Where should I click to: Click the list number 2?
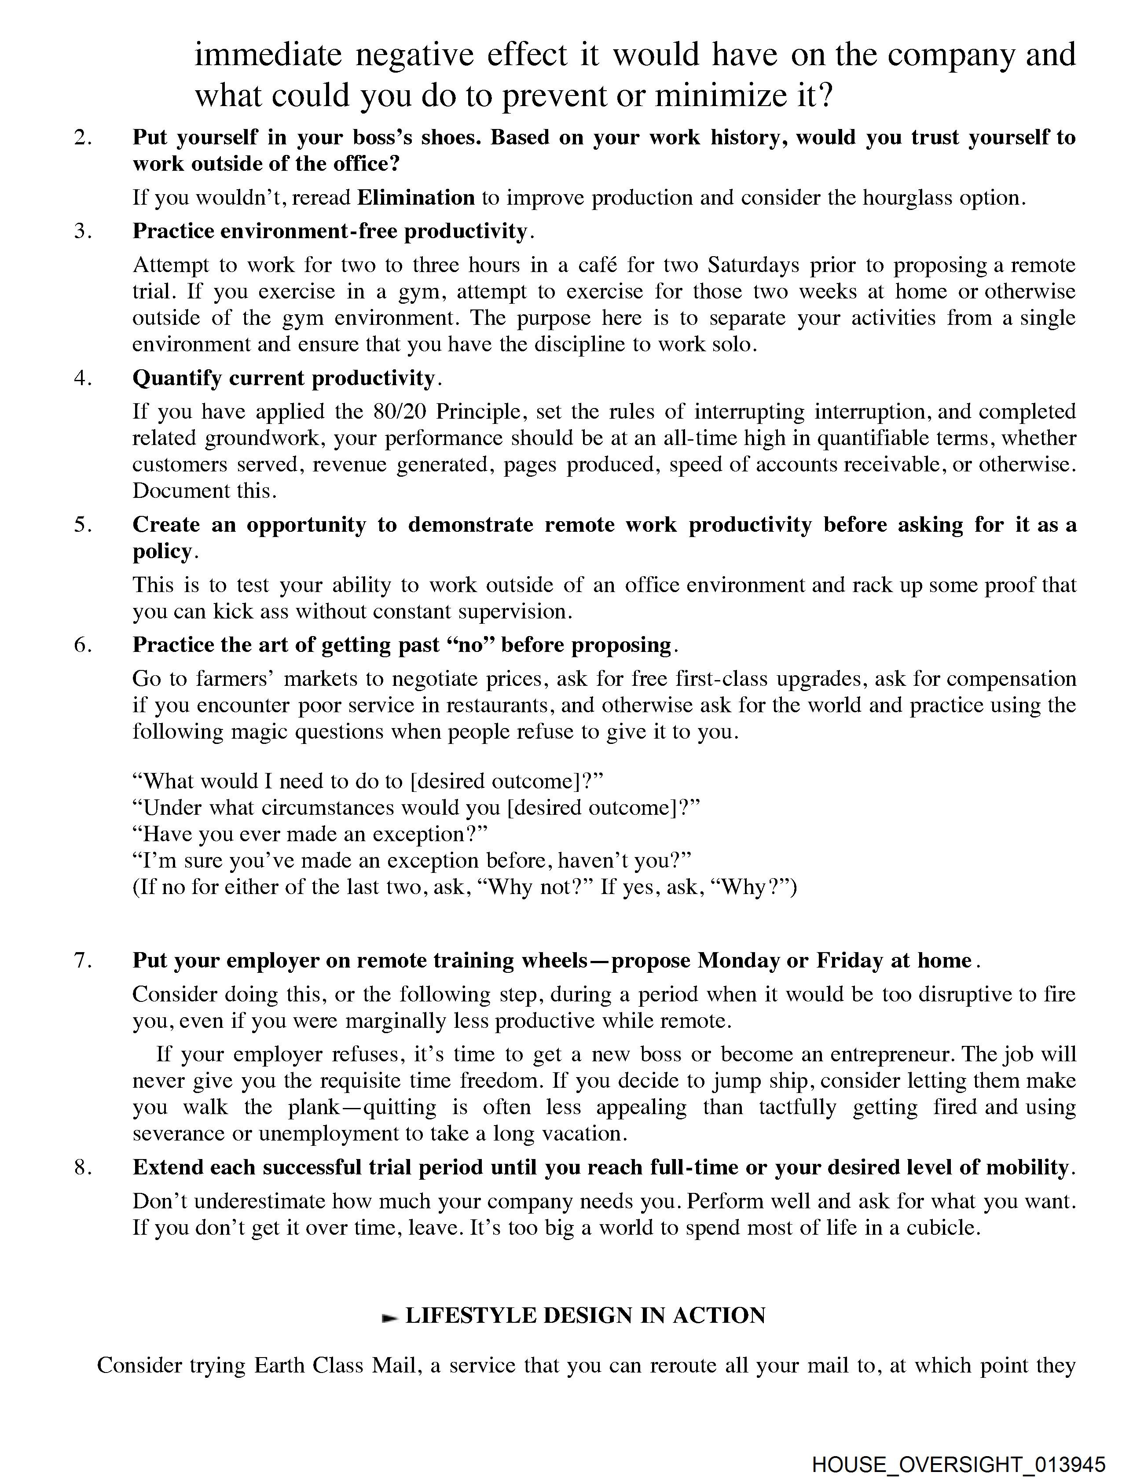click(82, 137)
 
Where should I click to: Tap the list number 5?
click(82, 525)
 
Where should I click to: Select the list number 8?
click(82, 1167)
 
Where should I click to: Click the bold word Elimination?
click(415, 198)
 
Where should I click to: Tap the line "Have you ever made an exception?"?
click(310, 834)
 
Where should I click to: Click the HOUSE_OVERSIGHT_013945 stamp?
click(958, 1464)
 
